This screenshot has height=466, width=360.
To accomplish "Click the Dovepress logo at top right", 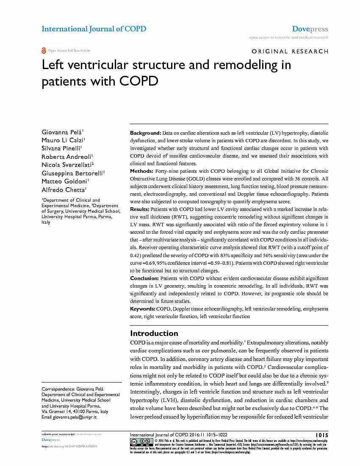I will pyautogui.click(x=310, y=29).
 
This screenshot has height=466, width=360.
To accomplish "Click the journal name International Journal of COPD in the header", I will pyautogui.click(x=94, y=29).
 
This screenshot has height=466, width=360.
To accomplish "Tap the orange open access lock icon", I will pyautogui.click(x=44, y=50).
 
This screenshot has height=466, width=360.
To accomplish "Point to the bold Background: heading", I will pyautogui.click(x=145, y=133).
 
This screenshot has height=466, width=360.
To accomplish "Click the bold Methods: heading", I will pyautogui.click(x=142, y=171).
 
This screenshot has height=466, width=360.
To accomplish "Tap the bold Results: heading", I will pyautogui.click(x=141, y=210).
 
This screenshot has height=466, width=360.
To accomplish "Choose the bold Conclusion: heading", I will pyautogui.click(x=144, y=278).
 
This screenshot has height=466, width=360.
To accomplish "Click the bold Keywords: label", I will pyautogui.click(x=143, y=309).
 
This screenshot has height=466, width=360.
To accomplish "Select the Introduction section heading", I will pyautogui.click(x=154, y=333).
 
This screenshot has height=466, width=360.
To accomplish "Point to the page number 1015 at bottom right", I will pyautogui.click(x=322, y=435).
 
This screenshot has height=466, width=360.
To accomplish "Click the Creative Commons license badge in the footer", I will pyautogui.click(x=142, y=441).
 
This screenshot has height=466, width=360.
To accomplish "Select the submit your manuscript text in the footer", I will pyautogui.click(x=58, y=434).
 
